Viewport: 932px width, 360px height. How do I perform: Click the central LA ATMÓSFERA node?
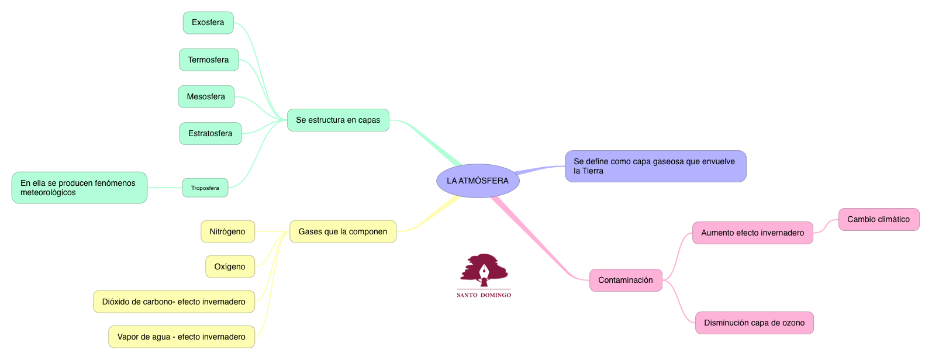point(478,181)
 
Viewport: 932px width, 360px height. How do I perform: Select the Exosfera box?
point(208,23)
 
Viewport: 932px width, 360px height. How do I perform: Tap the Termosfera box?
point(209,60)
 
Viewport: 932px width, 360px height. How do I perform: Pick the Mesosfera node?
point(206,96)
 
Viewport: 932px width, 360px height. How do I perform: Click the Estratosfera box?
point(210,133)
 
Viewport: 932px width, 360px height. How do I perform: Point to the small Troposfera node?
point(205,188)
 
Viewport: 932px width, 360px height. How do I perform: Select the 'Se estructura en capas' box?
point(338,120)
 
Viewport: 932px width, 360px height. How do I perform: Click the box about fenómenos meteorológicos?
point(80,188)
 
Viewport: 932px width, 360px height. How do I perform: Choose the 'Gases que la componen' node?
point(343,231)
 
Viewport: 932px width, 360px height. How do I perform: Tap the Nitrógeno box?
point(227,231)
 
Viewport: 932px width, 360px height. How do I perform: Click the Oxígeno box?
point(230,266)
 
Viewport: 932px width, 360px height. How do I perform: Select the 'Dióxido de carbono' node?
point(174,302)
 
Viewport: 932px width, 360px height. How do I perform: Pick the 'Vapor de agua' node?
point(181,337)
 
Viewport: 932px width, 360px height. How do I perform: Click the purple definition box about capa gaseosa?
point(655,166)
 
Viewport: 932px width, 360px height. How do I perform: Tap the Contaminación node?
point(626,280)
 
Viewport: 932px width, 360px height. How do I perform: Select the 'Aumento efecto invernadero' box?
point(752,233)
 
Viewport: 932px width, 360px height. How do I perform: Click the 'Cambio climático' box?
point(879,219)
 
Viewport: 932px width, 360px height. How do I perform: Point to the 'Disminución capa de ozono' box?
point(754,323)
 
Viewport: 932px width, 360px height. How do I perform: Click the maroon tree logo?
point(484,270)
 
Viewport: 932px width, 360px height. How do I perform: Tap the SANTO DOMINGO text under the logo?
point(484,295)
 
